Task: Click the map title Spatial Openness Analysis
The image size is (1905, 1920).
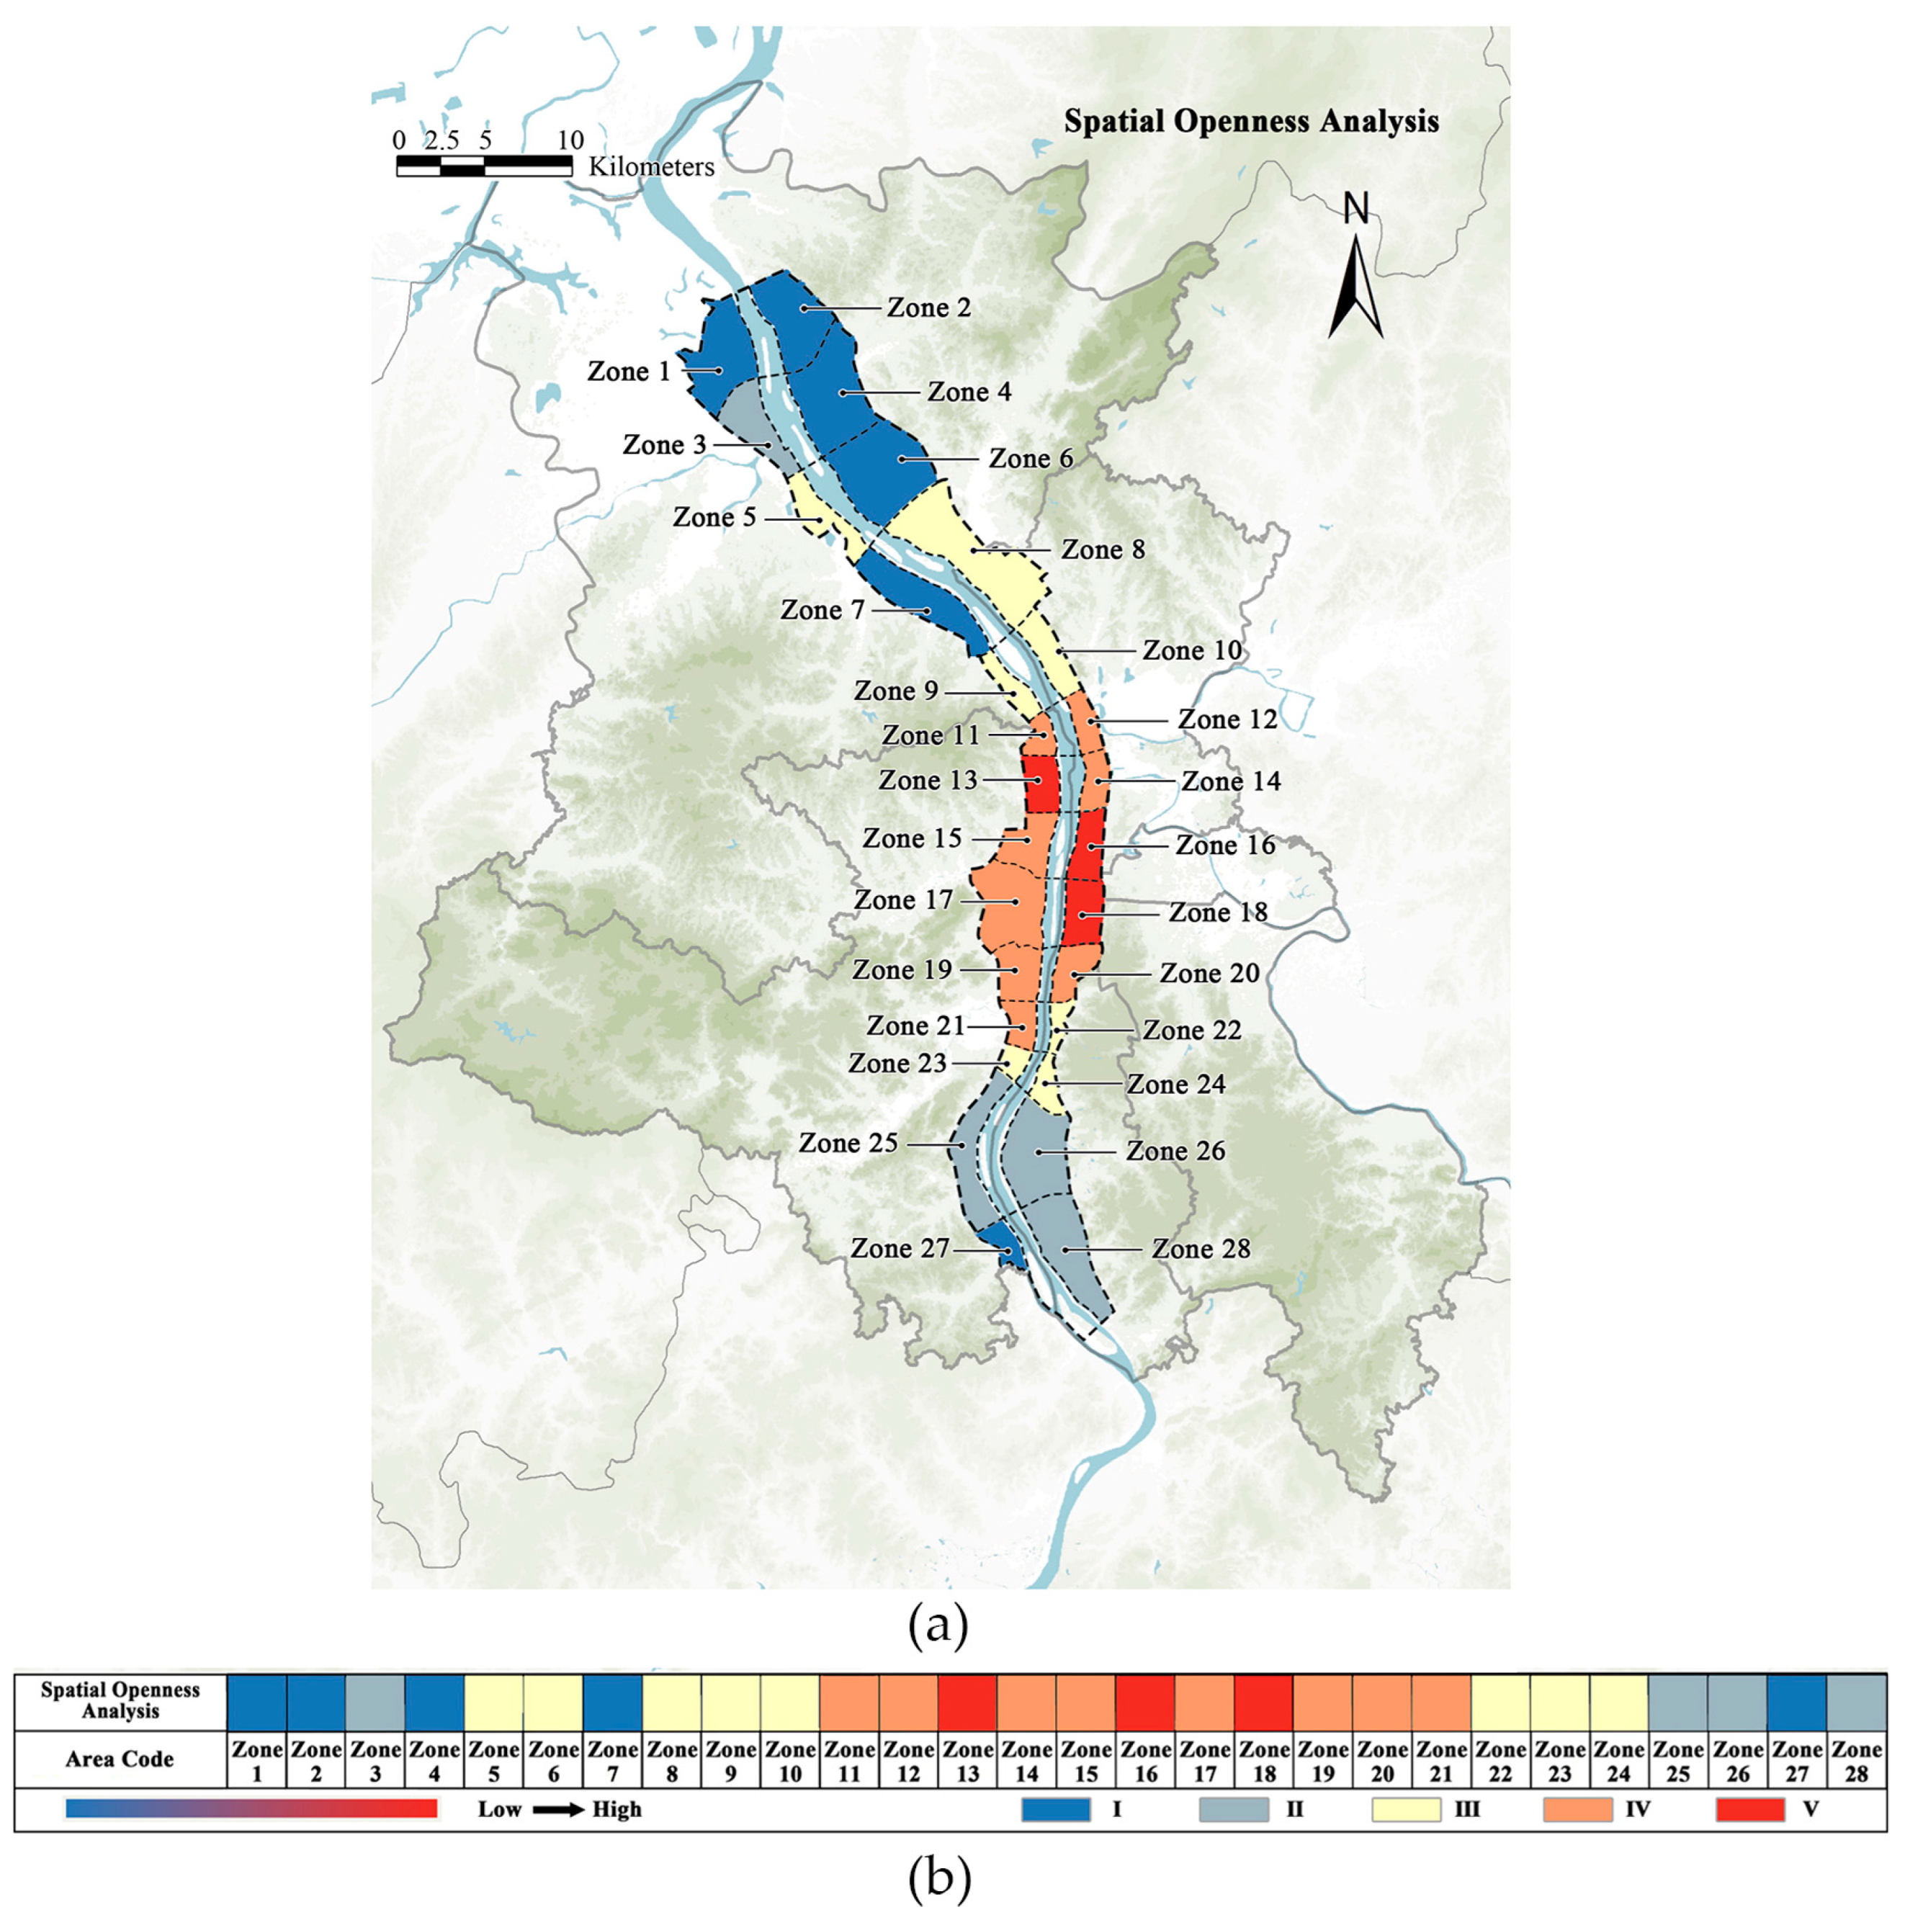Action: pyautogui.click(x=1250, y=121)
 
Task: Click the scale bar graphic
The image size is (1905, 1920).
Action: pyautogui.click(x=484, y=166)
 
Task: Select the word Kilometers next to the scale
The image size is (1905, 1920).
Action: pyautogui.click(x=651, y=167)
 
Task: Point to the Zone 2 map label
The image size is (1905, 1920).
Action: pyautogui.click(x=928, y=308)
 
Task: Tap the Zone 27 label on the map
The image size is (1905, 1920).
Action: pyautogui.click(x=900, y=1248)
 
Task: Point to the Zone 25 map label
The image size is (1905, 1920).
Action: pyautogui.click(x=848, y=1144)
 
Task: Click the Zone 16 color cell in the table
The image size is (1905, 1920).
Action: pyautogui.click(x=1144, y=1703)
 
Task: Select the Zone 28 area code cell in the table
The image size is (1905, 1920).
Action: pyautogui.click(x=1855, y=1761)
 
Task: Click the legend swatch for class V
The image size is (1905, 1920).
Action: pyautogui.click(x=1750, y=1810)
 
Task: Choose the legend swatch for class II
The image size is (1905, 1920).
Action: pyautogui.click(x=1233, y=1810)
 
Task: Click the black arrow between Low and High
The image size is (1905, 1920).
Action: pyautogui.click(x=558, y=1810)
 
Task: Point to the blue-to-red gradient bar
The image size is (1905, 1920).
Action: pyautogui.click(x=251, y=1808)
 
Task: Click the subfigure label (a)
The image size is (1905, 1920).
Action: pyautogui.click(x=937, y=1627)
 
